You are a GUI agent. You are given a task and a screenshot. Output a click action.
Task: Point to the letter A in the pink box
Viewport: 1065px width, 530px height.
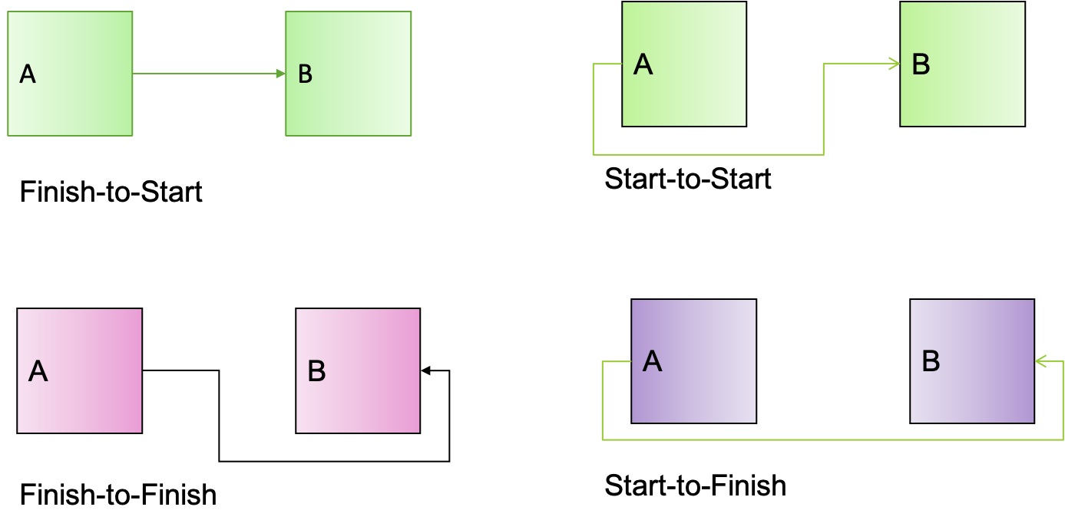[x=38, y=371]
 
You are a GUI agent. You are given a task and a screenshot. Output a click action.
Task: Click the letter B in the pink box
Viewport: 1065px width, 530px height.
[x=316, y=371]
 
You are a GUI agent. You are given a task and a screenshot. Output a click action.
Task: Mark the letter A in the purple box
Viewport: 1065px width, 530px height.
[x=652, y=360]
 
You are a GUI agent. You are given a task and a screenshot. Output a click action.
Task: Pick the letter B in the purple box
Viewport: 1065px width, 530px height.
[x=931, y=360]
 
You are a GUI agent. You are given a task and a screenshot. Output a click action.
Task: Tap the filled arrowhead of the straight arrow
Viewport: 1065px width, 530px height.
[x=280, y=74]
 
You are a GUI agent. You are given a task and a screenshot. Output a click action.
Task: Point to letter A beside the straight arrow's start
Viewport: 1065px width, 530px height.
[x=28, y=74]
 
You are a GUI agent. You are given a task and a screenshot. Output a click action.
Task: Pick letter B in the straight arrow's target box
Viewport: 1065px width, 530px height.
[x=305, y=74]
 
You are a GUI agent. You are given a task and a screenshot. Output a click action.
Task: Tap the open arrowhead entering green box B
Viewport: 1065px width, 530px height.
[x=895, y=64]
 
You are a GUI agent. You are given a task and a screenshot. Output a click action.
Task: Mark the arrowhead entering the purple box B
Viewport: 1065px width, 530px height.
[x=1040, y=360]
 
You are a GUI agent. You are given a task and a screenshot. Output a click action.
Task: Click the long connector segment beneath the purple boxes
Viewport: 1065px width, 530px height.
[x=829, y=439]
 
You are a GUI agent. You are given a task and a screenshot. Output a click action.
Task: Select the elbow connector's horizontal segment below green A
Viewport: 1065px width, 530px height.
[x=706, y=154]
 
